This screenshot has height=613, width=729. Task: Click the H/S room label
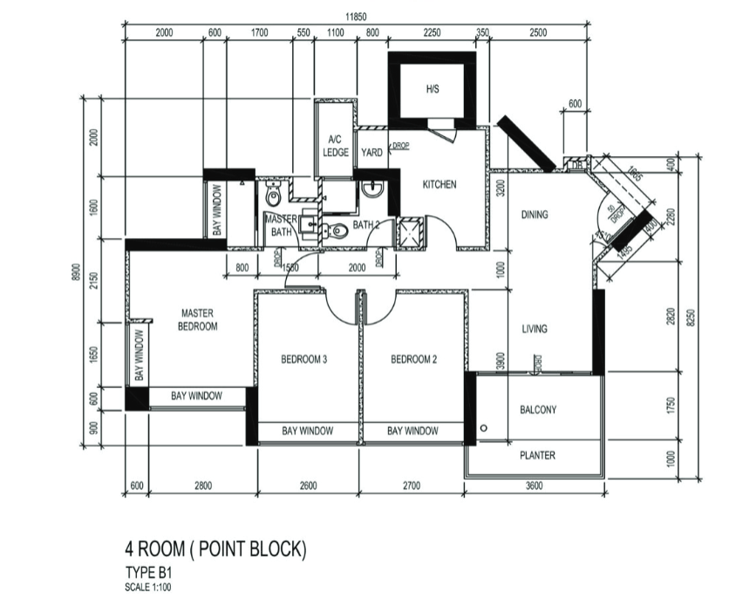pos(433,89)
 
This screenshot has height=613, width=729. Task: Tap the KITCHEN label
pos(439,185)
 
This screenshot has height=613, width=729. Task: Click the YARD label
pos(371,152)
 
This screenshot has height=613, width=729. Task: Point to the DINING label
pos(535,215)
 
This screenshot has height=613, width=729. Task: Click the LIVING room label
pos(535,329)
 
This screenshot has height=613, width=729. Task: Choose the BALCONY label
pos(537,409)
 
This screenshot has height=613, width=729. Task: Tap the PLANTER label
pos(537,455)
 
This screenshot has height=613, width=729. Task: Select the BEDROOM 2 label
pos(412,358)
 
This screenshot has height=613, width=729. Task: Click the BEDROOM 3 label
pos(303,358)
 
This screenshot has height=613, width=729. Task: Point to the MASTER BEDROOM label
pos(198,319)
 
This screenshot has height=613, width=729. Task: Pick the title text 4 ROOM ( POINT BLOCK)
pos(215,549)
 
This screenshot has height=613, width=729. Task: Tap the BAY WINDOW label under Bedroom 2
pos(412,431)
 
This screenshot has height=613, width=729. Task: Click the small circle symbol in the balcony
pos(482,428)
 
